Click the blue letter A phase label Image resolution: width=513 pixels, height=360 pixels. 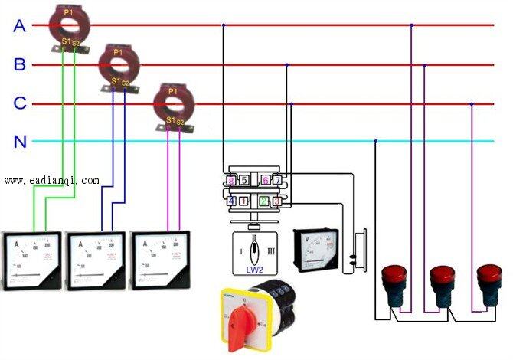pyautogui.click(x=19, y=26)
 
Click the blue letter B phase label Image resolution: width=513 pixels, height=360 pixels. pyautogui.click(x=19, y=65)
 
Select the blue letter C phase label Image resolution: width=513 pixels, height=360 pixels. pyautogui.click(x=19, y=103)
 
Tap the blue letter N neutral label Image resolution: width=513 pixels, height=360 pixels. pyautogui.click(x=19, y=142)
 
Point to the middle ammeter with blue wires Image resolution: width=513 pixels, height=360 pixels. pyautogui.click(x=96, y=260)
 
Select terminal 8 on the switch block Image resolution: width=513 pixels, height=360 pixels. pyautogui.click(x=231, y=181)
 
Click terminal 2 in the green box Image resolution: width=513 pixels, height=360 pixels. pyautogui.click(x=264, y=201)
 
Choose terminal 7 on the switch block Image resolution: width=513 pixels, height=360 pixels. pyautogui.click(x=278, y=181)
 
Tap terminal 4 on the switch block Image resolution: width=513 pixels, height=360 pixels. pyautogui.click(x=231, y=201)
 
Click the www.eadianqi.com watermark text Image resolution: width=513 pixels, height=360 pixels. pyautogui.click(x=51, y=181)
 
